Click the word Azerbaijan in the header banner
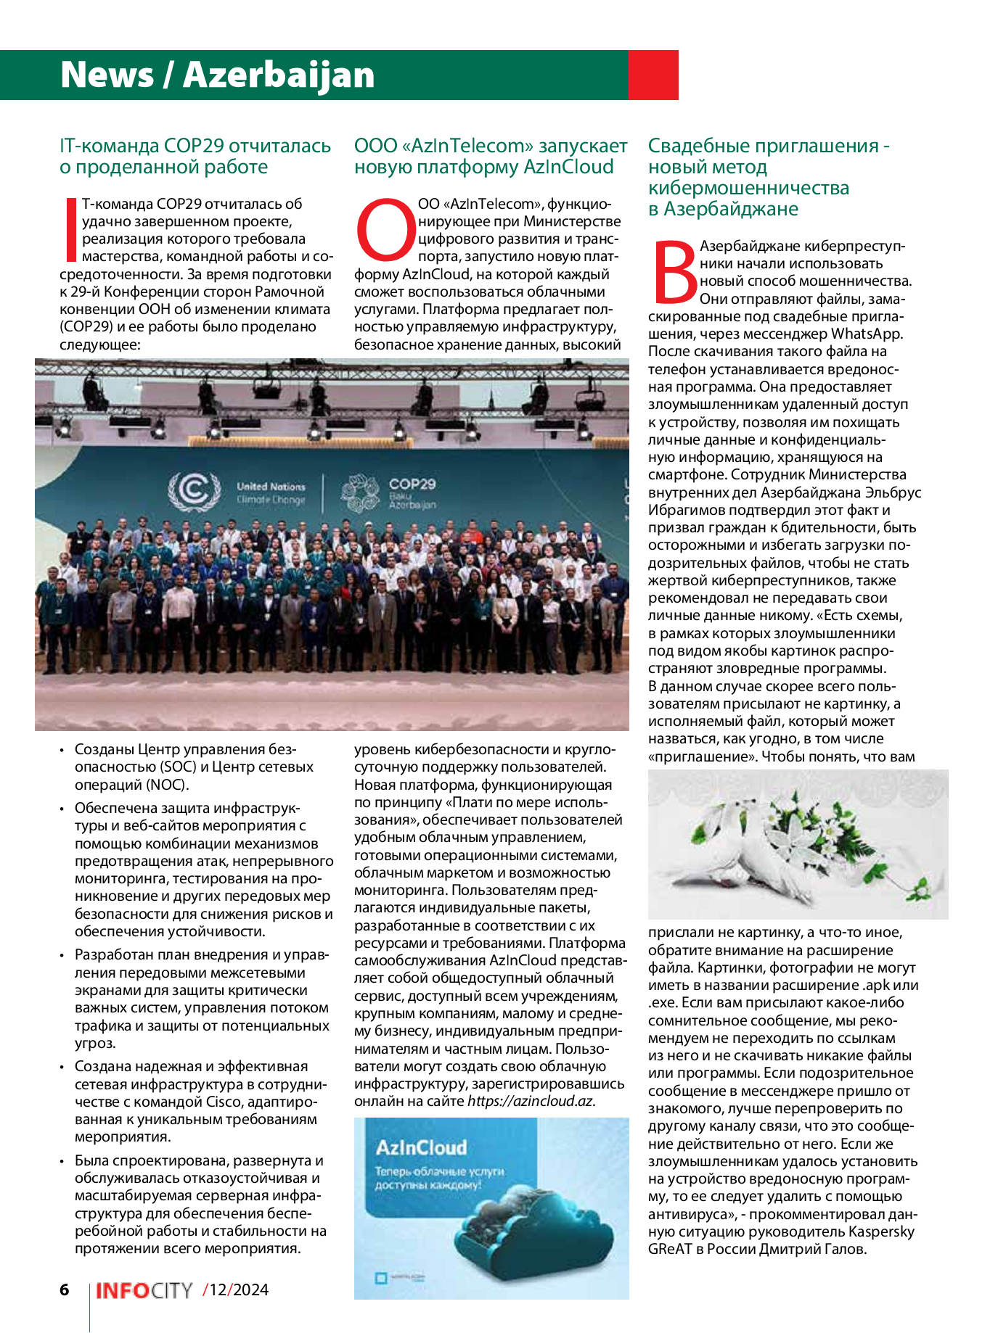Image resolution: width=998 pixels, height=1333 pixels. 279,75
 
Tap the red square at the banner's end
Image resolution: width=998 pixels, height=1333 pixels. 653,75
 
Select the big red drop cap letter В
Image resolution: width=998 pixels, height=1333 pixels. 674,271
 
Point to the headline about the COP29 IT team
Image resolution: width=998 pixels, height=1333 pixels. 195,156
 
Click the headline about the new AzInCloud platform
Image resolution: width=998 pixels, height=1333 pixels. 490,156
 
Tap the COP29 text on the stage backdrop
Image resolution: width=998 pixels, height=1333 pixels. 412,484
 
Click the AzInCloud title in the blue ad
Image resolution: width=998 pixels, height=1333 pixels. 421,1148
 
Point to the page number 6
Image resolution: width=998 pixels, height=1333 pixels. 65,1289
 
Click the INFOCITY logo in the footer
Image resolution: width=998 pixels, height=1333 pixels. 144,1290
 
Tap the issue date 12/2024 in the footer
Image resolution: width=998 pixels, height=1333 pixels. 237,1289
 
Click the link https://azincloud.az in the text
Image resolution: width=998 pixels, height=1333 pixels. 531,1101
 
